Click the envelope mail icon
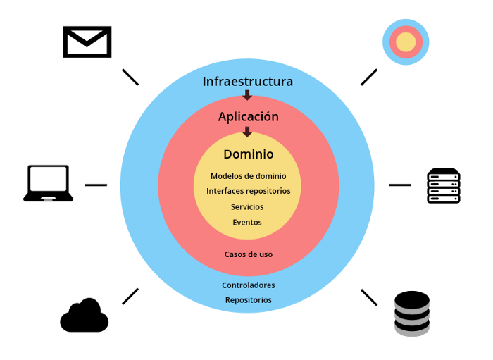point(87,42)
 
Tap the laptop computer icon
point(48,183)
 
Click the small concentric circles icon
point(406,42)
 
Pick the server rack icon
point(444,186)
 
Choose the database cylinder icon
point(411,312)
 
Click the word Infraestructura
point(247,81)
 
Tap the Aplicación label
point(248,117)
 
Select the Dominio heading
point(248,154)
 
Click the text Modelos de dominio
point(248,176)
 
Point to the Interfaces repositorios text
point(248,191)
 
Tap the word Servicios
point(247,207)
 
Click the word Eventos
point(247,222)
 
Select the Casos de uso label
point(248,254)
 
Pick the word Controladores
point(248,285)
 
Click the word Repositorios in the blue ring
point(248,300)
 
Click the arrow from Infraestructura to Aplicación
point(247,96)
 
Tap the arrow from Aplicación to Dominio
point(247,132)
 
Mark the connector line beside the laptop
point(96,185)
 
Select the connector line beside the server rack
point(399,185)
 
